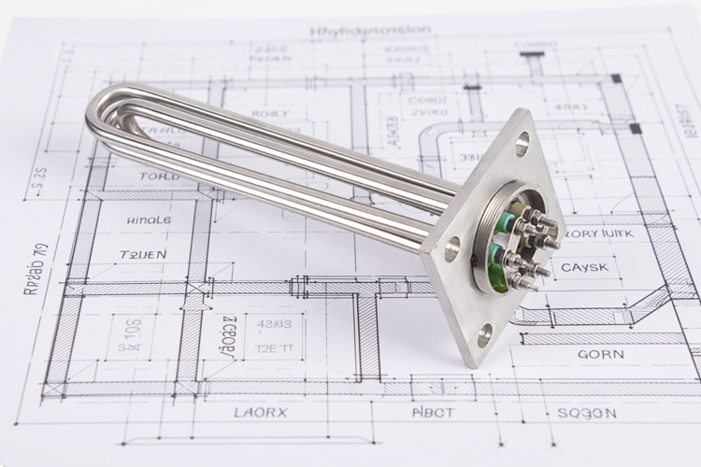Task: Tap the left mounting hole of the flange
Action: point(452,248)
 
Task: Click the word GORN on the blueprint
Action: point(601,355)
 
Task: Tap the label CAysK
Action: point(586,268)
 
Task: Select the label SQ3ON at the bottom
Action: point(586,412)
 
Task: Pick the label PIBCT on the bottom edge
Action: point(434,412)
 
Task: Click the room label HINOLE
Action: point(149,220)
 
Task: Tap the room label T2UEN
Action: point(144,254)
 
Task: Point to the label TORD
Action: point(160,176)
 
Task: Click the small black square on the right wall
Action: point(636,127)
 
